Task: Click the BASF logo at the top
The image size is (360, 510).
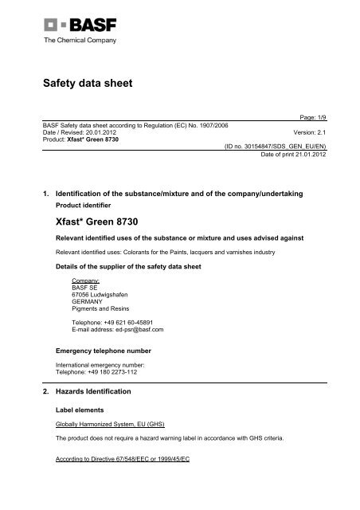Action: pyautogui.click(x=55, y=21)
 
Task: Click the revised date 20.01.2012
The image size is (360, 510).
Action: pyautogui.click(x=85, y=132)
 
